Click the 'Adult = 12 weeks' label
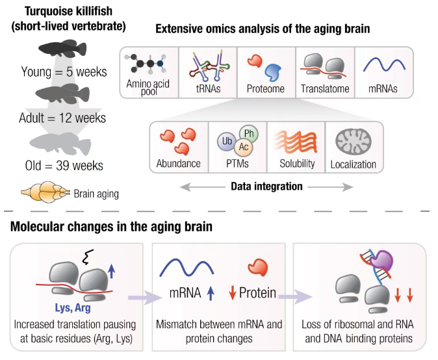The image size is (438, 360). click(62, 118)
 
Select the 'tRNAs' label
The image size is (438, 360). click(207, 88)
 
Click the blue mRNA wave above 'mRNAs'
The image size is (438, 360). click(381, 66)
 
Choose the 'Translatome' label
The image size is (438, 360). click(325, 88)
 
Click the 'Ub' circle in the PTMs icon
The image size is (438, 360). click(226, 140)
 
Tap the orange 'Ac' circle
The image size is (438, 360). click(242, 148)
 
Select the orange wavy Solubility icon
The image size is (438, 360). click(295, 140)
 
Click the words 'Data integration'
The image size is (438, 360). click(266, 187)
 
